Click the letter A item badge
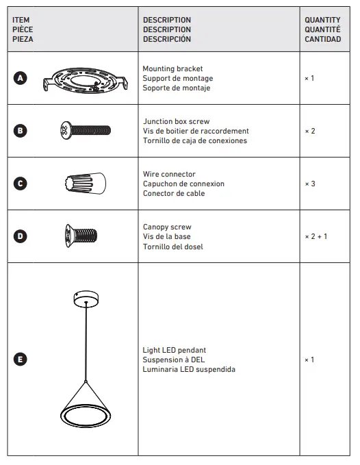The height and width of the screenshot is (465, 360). [21, 78]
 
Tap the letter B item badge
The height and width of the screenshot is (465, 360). [21, 130]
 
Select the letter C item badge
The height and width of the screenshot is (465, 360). [21, 184]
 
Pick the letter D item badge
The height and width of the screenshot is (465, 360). [21, 236]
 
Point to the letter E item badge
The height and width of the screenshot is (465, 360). [21, 360]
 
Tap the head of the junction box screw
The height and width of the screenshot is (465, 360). [66, 129]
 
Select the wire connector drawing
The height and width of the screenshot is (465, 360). [85, 184]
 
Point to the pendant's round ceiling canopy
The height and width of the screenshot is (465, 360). [86, 299]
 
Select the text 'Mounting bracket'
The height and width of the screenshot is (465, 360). [168, 68]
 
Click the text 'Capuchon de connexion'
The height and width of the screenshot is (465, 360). [183, 184]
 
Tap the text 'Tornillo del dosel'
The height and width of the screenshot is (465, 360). [172, 247]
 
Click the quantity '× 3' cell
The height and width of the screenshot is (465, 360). [310, 184]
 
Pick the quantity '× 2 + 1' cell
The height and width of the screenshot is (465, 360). [316, 236]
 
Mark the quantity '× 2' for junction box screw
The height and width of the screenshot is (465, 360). [310, 131]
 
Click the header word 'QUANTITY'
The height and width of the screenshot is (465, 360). [322, 20]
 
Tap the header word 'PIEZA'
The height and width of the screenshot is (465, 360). [23, 39]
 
